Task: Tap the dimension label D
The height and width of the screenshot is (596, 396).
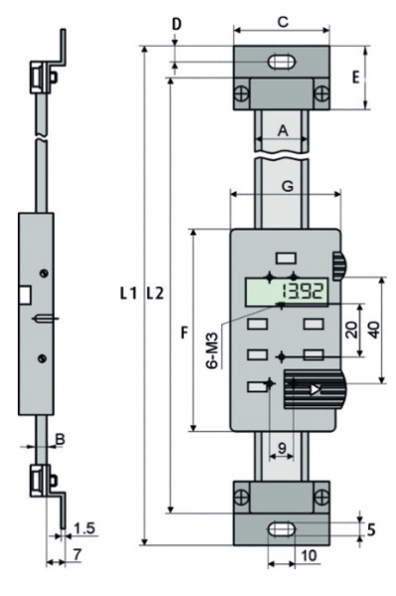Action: click(177, 24)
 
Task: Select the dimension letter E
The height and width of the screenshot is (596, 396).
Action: click(355, 77)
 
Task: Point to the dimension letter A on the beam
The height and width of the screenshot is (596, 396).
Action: click(283, 131)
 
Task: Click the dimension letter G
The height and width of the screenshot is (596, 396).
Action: click(288, 187)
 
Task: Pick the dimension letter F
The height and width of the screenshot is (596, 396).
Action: click(185, 333)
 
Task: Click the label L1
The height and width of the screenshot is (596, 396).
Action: click(128, 293)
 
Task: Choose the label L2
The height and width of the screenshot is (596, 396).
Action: click(155, 293)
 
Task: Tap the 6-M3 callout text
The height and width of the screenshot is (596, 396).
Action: click(212, 351)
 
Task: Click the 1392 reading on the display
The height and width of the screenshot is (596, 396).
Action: click(303, 292)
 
